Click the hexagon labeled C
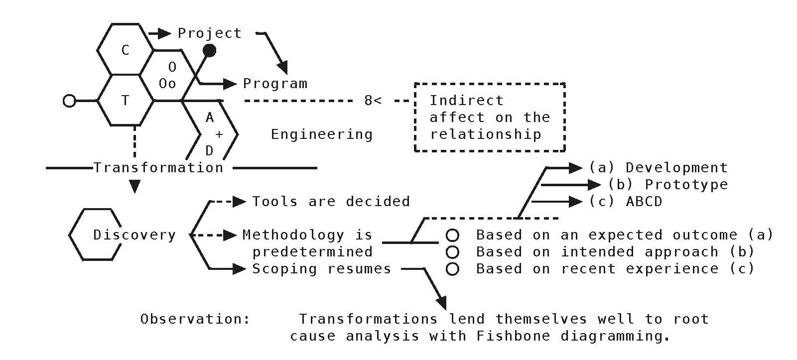pyautogui.click(x=125, y=50)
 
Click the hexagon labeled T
pyautogui.click(x=125, y=101)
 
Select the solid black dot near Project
pyautogui.click(x=210, y=50)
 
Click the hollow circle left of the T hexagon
pyautogui.click(x=70, y=101)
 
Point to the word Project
pyautogui.click(x=210, y=33)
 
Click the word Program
pyautogui.click(x=275, y=84)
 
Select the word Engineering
pyautogui.click(x=322, y=134)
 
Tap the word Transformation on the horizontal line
pyautogui.click(x=158, y=168)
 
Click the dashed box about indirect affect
pyautogui.click(x=490, y=117)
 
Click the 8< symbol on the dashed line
pyautogui.click(x=373, y=101)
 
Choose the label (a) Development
pyautogui.click(x=658, y=168)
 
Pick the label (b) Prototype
pyautogui.click(x=667, y=185)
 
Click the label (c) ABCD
pyautogui.click(x=626, y=202)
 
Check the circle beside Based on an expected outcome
pyautogui.click(x=452, y=235)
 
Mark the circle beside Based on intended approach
pyautogui.click(x=452, y=252)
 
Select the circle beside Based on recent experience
pyautogui.click(x=452, y=269)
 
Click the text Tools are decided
pyautogui.click(x=331, y=202)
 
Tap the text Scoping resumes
pyautogui.click(x=321, y=269)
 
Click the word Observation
pyautogui.click(x=195, y=319)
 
